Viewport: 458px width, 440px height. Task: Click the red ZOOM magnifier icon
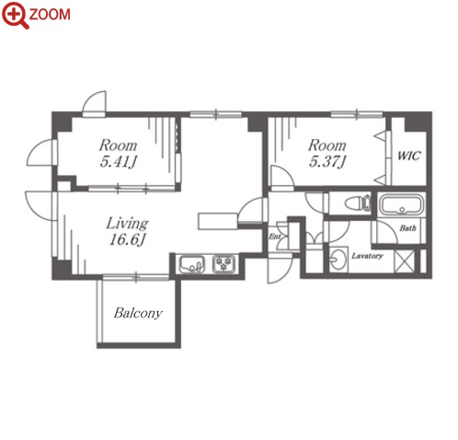[x=15, y=15]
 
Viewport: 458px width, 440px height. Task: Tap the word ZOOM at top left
[x=50, y=15]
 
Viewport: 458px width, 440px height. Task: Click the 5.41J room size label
[x=118, y=161]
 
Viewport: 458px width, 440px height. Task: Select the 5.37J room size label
[x=327, y=161]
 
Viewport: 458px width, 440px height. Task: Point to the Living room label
[x=127, y=223]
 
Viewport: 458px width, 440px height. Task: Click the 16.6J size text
[x=127, y=239]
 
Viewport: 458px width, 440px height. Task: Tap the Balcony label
[x=138, y=313]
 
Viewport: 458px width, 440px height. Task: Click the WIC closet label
[x=409, y=156]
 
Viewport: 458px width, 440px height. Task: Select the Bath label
[x=407, y=228]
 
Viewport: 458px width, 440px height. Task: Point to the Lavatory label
[x=367, y=256]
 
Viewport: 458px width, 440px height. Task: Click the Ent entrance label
[x=275, y=237]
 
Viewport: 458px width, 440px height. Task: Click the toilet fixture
[x=358, y=203]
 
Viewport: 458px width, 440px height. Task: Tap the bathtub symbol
[x=402, y=204]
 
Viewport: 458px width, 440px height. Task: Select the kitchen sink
[x=192, y=264]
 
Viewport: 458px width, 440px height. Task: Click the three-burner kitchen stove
[x=224, y=264]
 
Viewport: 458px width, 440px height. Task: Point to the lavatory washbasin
[x=338, y=260]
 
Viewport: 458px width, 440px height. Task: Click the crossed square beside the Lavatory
[x=405, y=261]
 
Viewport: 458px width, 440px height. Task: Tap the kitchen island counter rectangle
[x=218, y=221]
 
